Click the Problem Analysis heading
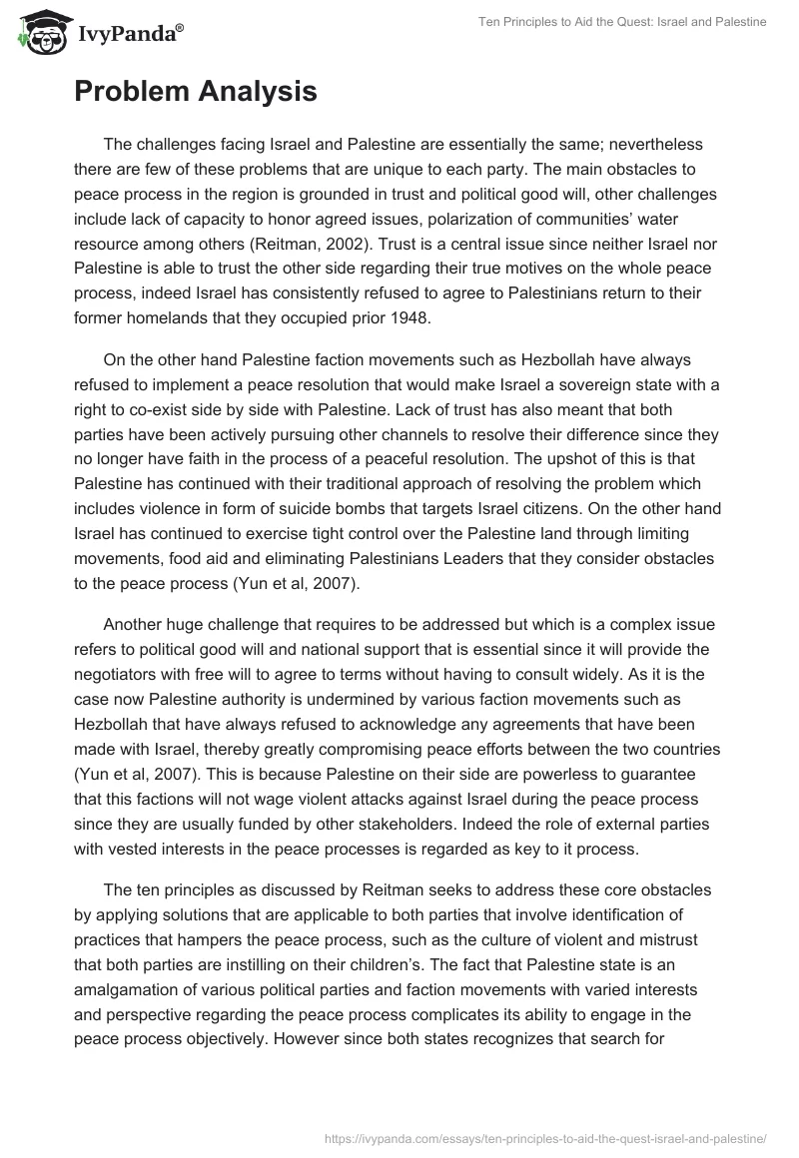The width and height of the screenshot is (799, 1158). coord(196,92)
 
